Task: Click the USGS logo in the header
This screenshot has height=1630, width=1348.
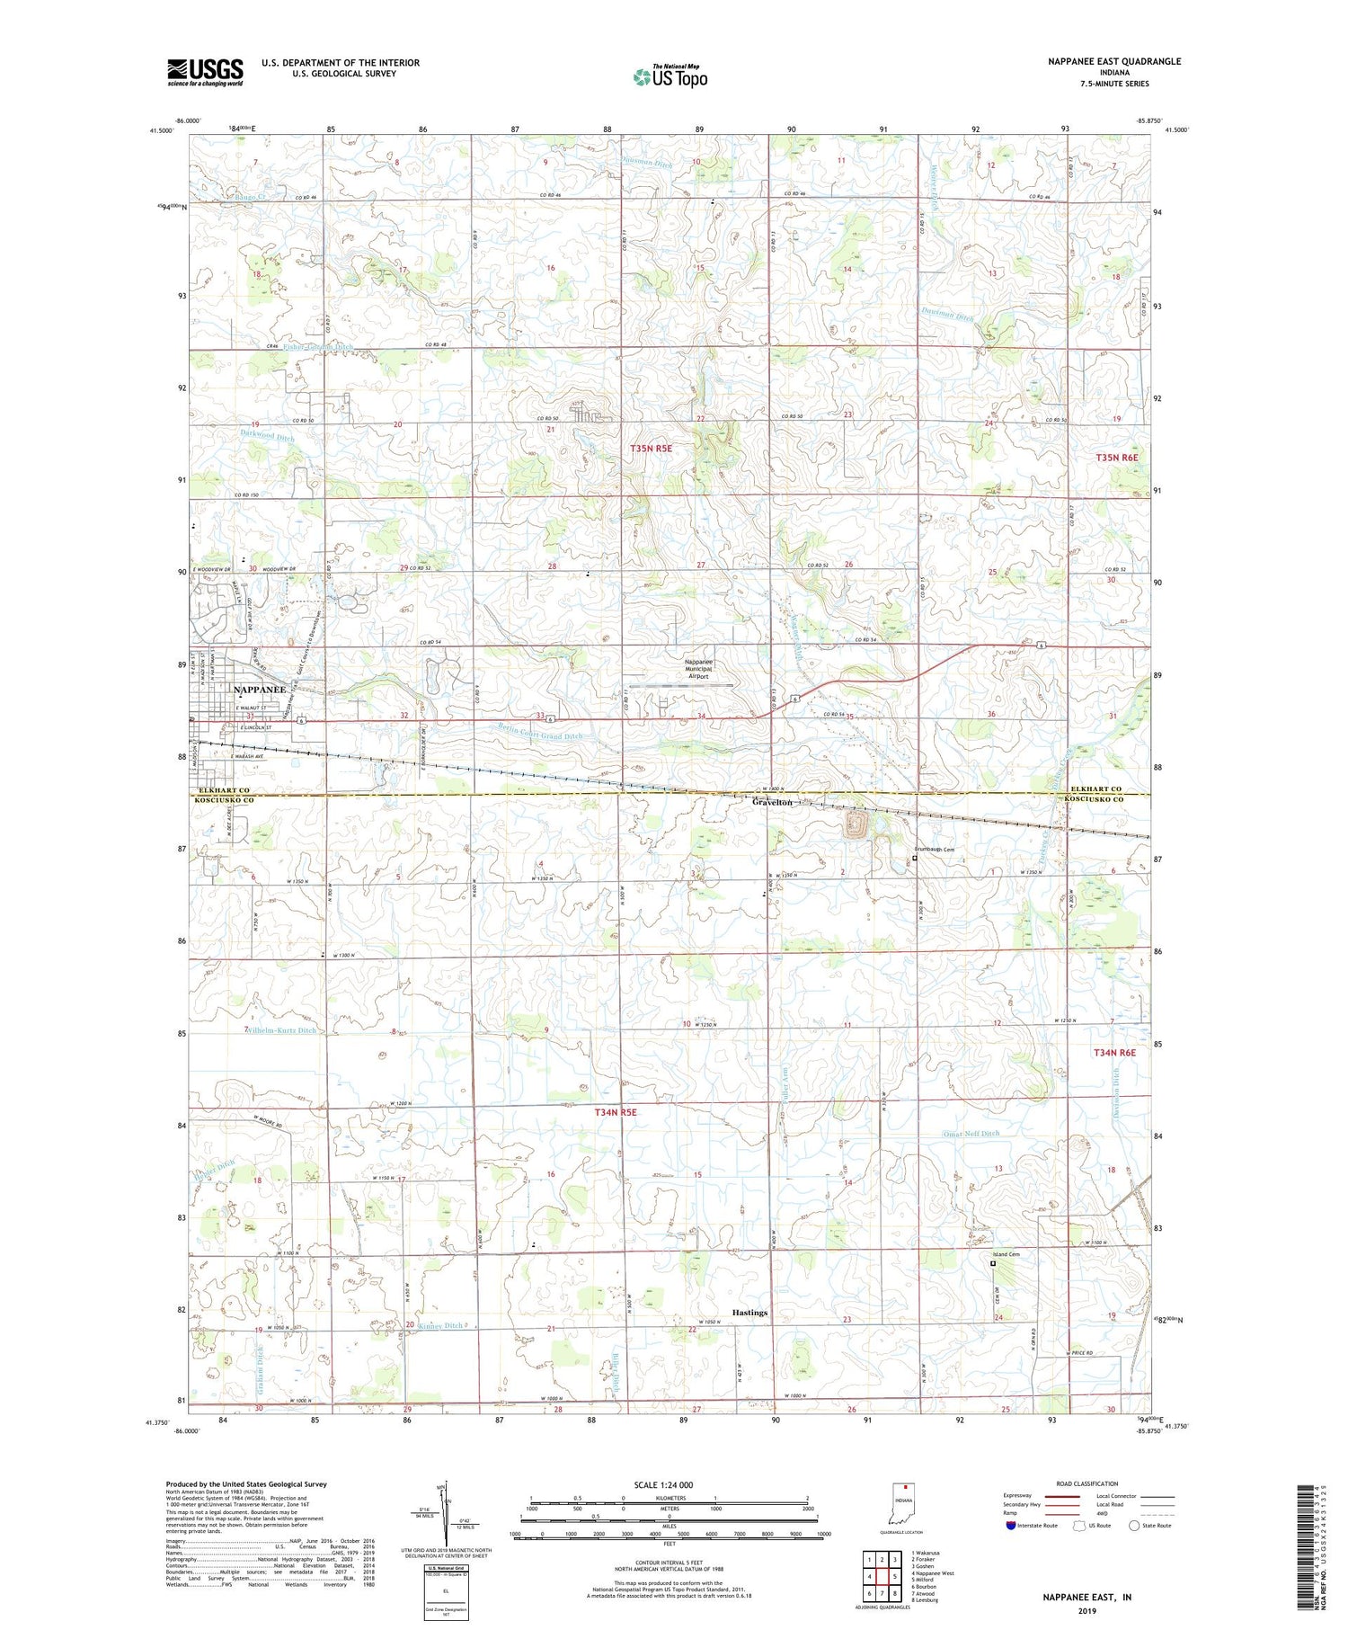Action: click(205, 72)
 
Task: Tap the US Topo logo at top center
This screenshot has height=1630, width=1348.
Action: click(670, 77)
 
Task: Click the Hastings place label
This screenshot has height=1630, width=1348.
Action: click(749, 1313)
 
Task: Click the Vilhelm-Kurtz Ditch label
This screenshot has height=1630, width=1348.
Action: click(280, 1030)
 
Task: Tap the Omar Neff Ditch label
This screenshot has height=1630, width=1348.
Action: click(971, 1134)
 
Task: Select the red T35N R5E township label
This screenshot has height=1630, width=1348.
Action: click(651, 448)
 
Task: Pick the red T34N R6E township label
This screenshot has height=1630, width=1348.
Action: click(1114, 1053)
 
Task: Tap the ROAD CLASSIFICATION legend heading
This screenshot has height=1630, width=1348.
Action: click(1087, 1484)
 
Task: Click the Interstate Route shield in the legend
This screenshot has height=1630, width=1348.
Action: click(1011, 1526)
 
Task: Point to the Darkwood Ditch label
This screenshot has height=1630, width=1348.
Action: click(267, 437)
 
